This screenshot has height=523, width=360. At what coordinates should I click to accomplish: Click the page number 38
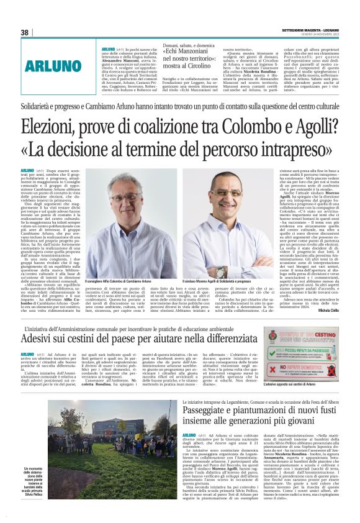[x=25, y=32]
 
